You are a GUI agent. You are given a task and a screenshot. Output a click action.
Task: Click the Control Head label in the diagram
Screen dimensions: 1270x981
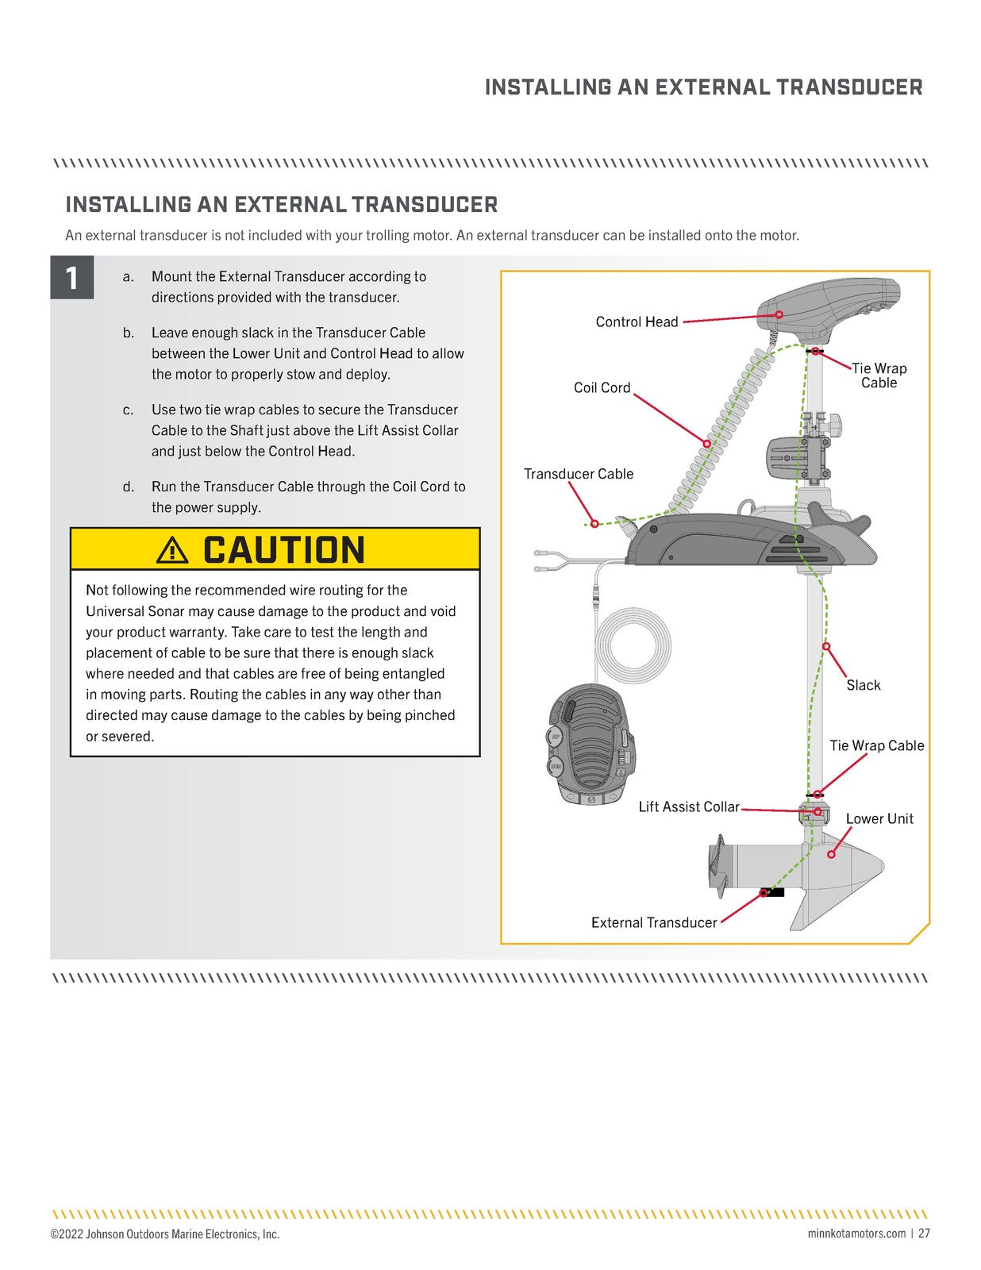[x=637, y=321]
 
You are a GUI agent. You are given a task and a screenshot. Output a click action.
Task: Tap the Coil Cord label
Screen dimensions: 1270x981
[x=602, y=387]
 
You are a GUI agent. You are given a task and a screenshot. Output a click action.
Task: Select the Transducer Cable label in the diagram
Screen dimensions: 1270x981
[x=579, y=474]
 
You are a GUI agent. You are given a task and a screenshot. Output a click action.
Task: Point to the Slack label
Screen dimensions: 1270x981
[x=863, y=685]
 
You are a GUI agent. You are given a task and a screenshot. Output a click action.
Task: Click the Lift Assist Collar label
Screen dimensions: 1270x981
[x=688, y=806]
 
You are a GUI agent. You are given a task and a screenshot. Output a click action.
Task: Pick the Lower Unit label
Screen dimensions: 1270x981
[x=879, y=818]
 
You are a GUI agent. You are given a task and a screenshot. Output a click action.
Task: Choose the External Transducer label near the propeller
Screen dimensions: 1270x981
[x=653, y=922]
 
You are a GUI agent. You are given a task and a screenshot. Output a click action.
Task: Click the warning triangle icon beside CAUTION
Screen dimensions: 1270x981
[x=172, y=550]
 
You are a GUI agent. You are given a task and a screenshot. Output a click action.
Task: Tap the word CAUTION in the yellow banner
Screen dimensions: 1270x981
[x=283, y=550]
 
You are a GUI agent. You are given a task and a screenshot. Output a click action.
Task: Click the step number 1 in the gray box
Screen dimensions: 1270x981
[x=72, y=278]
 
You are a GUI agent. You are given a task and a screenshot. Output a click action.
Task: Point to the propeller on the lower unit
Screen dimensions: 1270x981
[x=719, y=866]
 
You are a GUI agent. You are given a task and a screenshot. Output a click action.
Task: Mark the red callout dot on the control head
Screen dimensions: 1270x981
[x=779, y=315]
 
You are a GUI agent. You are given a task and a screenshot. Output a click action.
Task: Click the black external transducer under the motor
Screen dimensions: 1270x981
[x=771, y=892]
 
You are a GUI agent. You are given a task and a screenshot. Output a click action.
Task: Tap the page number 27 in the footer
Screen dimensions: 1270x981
[x=924, y=1233]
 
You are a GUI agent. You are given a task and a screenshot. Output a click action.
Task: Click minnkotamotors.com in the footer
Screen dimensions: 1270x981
[x=856, y=1233]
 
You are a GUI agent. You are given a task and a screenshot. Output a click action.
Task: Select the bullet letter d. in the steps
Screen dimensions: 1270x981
[x=129, y=487]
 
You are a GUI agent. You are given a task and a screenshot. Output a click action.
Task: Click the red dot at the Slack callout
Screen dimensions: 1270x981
[x=825, y=646]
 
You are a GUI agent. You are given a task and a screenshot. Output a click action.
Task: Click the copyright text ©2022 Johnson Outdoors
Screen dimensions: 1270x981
[x=164, y=1234]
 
